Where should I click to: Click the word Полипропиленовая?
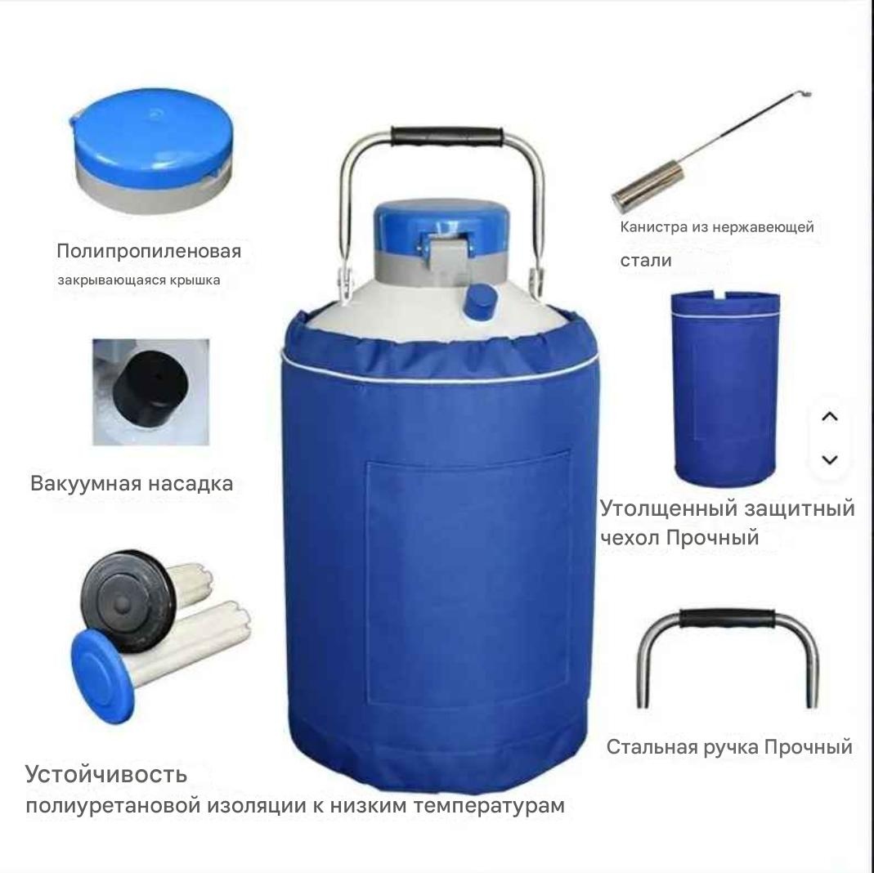[149, 251]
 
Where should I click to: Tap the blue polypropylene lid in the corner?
[152, 150]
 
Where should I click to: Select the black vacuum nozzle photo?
[151, 392]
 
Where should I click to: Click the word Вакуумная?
[85, 484]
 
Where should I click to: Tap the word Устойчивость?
[106, 775]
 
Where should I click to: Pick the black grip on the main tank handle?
[446, 136]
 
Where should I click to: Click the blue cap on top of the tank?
[441, 228]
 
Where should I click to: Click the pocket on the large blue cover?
[468, 580]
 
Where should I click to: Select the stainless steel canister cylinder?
[648, 186]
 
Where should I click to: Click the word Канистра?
[654, 227]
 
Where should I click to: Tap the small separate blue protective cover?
[725, 387]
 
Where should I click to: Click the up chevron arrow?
[830, 416]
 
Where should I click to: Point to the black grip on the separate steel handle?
[727, 619]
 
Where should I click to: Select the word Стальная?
[652, 748]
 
